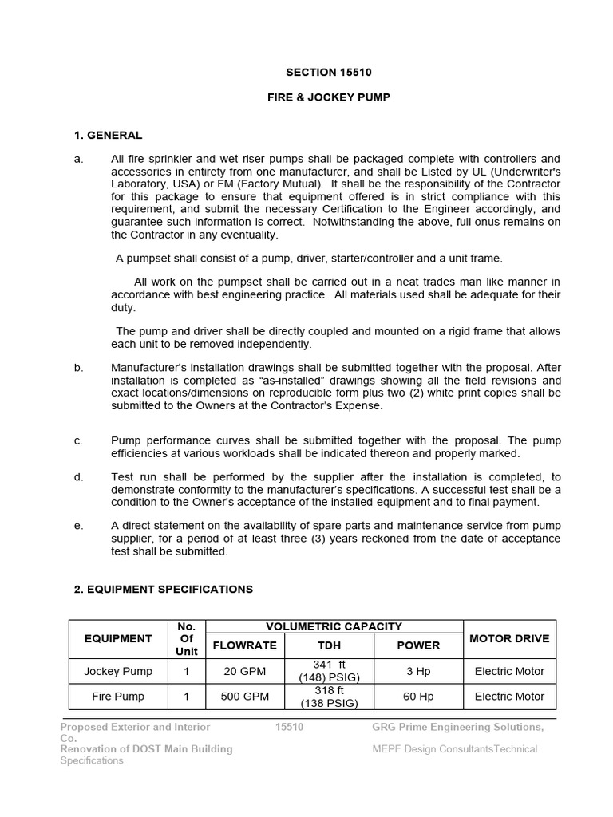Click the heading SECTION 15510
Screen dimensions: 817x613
(329, 73)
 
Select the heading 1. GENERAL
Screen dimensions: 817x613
(108, 135)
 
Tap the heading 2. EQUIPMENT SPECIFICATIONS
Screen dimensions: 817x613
(163, 589)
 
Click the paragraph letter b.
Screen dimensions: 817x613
(78, 368)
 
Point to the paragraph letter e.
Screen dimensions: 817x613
(78, 525)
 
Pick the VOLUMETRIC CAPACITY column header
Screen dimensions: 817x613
(334, 626)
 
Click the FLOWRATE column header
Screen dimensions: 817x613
(244, 645)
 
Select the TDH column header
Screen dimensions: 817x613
(329, 645)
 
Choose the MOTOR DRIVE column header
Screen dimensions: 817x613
(508, 638)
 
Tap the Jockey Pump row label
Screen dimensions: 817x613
(118, 671)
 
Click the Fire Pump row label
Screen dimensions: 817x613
(118, 696)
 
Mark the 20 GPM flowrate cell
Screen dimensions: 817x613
(244, 671)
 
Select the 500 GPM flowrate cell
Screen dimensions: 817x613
(244, 696)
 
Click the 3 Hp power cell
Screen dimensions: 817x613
(418, 671)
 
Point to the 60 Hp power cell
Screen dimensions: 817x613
(418, 696)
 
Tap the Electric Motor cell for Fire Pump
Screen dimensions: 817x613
(508, 696)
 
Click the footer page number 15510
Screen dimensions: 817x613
(289, 727)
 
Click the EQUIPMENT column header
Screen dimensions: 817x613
(118, 638)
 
